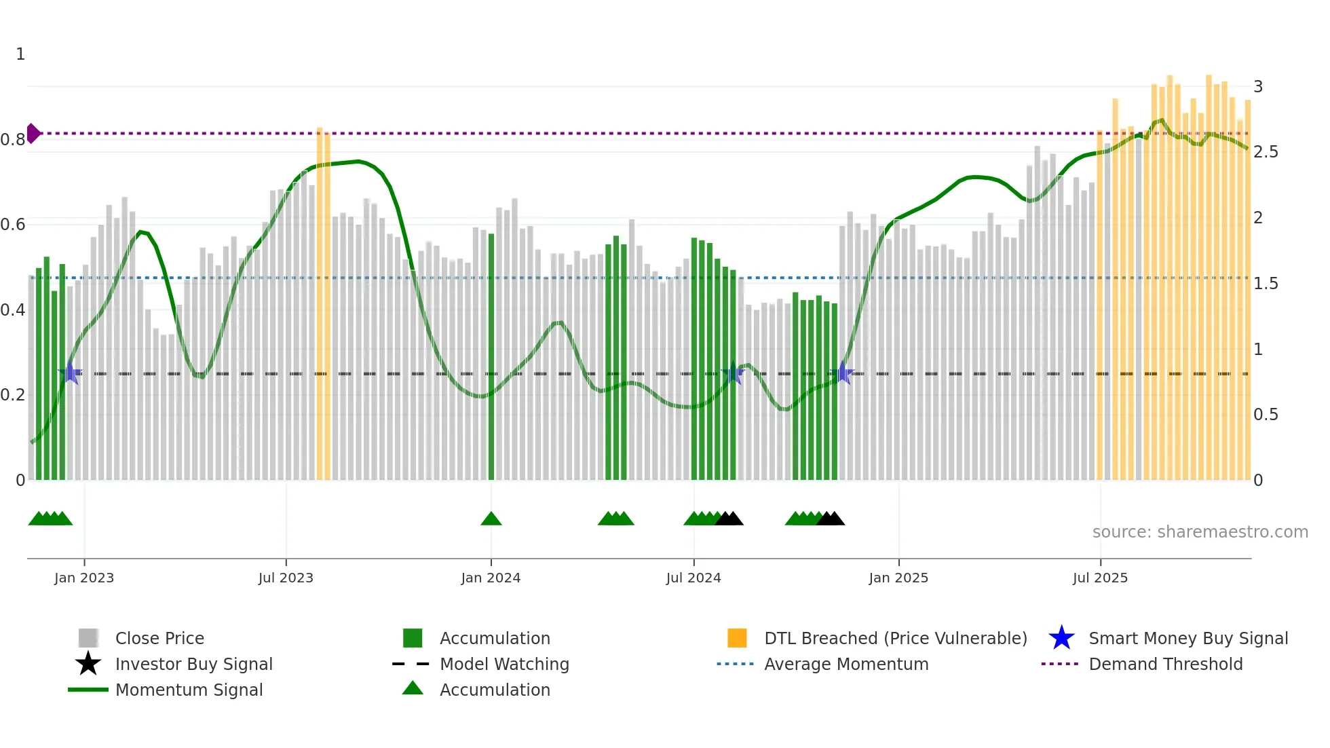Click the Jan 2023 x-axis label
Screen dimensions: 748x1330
coord(84,578)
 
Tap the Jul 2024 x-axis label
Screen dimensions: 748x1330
coord(693,578)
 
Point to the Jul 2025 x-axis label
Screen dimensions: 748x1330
coord(1100,578)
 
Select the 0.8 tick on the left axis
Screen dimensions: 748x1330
coord(13,140)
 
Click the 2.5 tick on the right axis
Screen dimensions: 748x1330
coord(1266,152)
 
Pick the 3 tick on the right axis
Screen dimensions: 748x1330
coord(1258,87)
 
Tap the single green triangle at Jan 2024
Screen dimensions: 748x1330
coord(491,519)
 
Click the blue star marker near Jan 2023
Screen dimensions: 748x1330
coord(70,373)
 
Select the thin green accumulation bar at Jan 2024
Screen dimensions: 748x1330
coord(491,356)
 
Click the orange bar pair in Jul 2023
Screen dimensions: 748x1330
coord(324,305)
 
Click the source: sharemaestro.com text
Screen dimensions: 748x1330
coord(1200,532)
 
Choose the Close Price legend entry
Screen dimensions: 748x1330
coord(159,639)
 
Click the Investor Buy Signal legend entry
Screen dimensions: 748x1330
coord(193,665)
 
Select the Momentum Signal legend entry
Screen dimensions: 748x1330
coord(189,690)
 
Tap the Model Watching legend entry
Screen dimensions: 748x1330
coord(503,665)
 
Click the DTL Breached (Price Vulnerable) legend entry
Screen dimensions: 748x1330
coord(895,639)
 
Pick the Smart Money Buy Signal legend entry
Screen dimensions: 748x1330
coord(1187,639)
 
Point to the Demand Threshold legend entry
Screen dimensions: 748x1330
coord(1165,665)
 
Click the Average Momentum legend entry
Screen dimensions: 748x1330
coord(845,665)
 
